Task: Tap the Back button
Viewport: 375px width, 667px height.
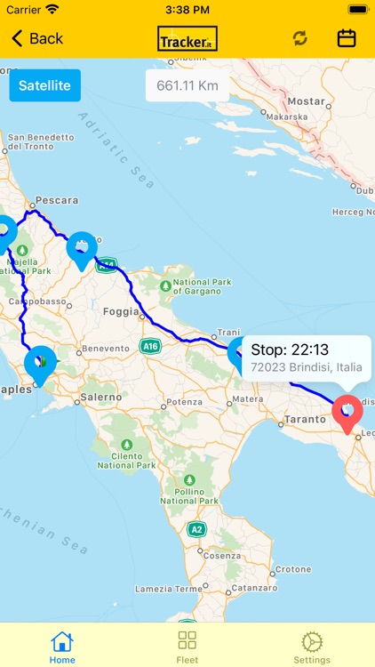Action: pos(37,38)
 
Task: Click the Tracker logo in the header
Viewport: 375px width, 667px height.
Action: pos(187,38)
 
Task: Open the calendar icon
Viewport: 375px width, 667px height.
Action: pos(347,38)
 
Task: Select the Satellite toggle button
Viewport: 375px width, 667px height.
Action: pos(44,86)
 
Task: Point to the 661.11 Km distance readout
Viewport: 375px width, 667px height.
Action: pos(187,86)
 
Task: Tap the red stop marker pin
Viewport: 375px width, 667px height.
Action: pos(347,413)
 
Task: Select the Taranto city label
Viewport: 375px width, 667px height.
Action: pos(307,418)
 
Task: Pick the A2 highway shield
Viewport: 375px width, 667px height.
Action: pos(196,530)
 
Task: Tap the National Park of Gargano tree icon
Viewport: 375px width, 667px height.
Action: pos(166,286)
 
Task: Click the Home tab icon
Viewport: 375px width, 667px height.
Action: pos(62,641)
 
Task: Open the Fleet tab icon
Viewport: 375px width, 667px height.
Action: pos(187,641)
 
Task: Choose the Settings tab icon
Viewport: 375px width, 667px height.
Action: pos(312,641)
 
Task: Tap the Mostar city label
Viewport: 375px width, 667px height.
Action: pos(307,101)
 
